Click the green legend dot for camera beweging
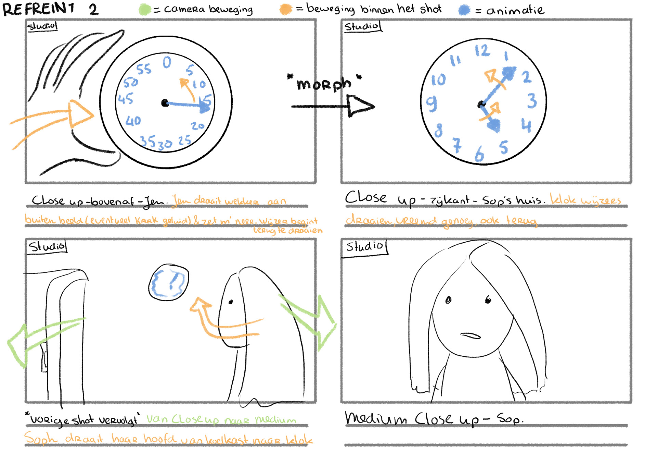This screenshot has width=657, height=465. coord(145,10)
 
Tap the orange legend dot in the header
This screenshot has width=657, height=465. coord(285,9)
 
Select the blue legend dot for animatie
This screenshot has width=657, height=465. coord(464,10)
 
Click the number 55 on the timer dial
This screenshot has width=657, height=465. coord(144,69)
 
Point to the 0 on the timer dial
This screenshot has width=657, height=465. coord(167,62)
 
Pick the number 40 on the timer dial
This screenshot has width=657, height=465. coord(133,121)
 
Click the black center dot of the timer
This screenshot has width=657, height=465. coord(165,103)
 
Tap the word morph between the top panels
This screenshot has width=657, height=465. coord(324,84)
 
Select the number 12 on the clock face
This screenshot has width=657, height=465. coord(482,51)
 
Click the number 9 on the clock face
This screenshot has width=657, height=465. coord(431,103)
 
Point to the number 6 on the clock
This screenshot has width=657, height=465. coord(479,154)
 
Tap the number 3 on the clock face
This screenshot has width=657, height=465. coord(532,101)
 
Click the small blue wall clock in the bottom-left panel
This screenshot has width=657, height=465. coord(169,282)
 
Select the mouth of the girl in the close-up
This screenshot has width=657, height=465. coord(471,335)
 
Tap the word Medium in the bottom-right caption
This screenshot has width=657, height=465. coord(376,418)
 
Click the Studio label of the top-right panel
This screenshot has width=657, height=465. coord(362,26)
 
